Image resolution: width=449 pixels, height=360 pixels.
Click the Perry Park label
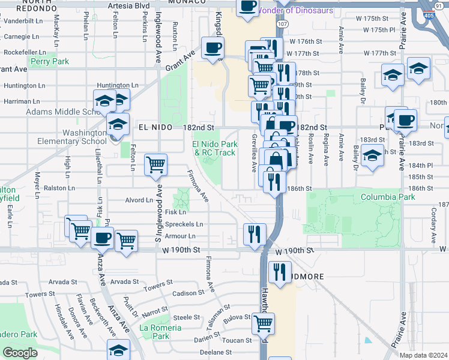coord(50,61)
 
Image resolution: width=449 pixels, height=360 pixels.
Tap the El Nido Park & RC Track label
coord(214,148)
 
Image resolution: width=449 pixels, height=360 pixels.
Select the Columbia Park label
coord(388,197)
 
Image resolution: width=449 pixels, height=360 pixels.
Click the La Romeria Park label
coord(160,332)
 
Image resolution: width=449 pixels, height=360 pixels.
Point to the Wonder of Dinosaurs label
coord(295,10)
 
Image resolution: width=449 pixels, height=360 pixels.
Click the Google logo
coord(19,353)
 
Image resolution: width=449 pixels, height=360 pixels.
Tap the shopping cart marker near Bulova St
coord(263,323)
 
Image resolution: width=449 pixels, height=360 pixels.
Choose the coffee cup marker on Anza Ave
coord(102,238)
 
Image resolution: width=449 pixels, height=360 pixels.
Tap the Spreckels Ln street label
coord(184,224)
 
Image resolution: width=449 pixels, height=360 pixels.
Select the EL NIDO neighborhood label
coord(155,128)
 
